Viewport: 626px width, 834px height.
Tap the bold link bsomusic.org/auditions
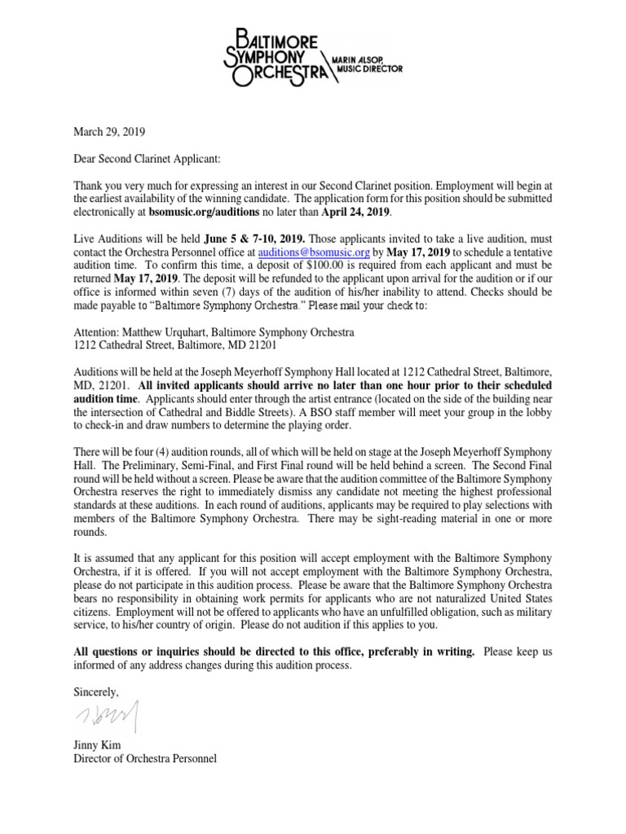point(209,213)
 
